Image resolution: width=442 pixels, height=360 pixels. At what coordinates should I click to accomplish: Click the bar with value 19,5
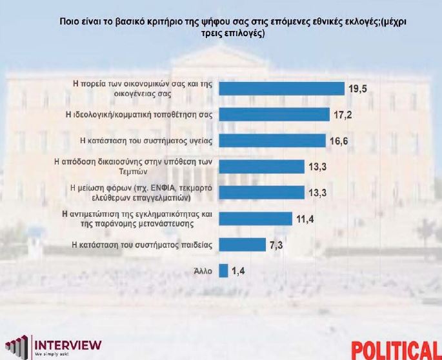click(x=282, y=88)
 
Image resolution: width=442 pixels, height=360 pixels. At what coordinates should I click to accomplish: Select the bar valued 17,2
click(x=274, y=114)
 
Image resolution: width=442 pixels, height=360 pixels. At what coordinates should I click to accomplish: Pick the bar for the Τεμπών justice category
click(x=261, y=166)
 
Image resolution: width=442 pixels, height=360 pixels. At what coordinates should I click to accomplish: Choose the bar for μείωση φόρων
click(x=261, y=192)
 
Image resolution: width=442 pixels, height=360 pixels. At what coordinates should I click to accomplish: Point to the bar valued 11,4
click(x=255, y=218)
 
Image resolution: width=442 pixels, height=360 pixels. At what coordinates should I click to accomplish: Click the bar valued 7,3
click(x=242, y=245)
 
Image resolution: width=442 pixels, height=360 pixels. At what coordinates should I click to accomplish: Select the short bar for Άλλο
click(x=223, y=270)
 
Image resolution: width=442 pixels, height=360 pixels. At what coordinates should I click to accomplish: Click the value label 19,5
click(x=358, y=88)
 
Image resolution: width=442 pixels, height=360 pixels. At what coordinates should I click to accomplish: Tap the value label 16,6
click(x=339, y=141)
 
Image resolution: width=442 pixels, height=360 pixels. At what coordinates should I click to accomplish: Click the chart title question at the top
click(x=234, y=28)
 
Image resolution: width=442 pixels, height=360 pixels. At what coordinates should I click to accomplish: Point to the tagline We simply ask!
click(x=52, y=354)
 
